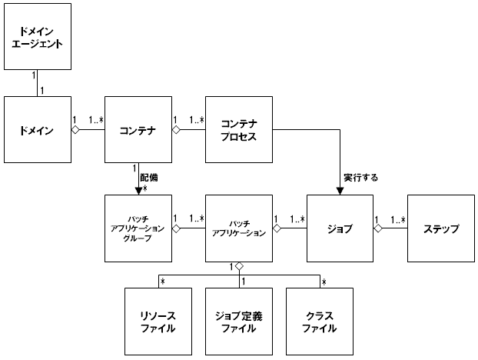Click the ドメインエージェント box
pos(38,37)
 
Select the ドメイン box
pos(38,130)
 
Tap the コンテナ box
pos(138,130)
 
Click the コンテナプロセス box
pos(239,130)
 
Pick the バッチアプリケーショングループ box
pos(138,228)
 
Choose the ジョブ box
pos(340,228)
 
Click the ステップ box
pos(440,228)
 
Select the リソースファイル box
pos(158,321)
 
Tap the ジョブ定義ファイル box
pos(239,321)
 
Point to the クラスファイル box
pos(320,321)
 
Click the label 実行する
pos(362,178)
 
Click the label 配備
pos(149,178)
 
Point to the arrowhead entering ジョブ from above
pos(340,191)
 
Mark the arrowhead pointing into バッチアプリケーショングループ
pos(138,191)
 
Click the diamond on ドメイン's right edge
pos(75,130)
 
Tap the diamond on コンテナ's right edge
pos(175,130)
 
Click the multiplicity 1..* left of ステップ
pos(398,219)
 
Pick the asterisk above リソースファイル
pos(163,281)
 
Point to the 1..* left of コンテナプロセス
pos(196,120)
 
